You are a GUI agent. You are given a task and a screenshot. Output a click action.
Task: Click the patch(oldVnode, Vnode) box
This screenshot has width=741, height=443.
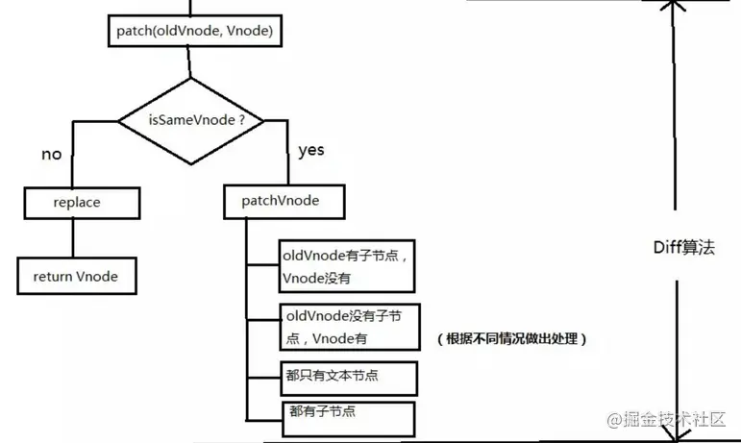pos(193,33)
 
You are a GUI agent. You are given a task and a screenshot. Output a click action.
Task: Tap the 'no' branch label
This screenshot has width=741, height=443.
pos(52,154)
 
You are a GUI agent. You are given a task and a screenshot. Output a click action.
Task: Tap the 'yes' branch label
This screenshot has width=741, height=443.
pos(310,150)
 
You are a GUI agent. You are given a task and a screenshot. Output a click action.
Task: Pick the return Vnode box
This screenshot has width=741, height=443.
pos(75,276)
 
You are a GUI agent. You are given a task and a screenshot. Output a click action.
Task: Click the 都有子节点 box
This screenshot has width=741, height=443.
pos(347,418)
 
